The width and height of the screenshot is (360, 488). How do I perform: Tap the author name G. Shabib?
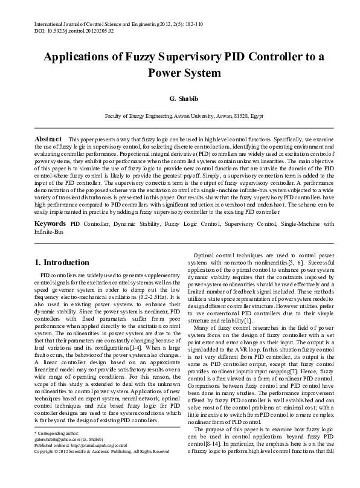(179, 97)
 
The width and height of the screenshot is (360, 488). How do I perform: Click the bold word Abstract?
(48, 138)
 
